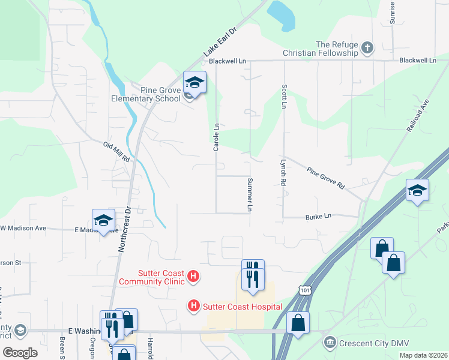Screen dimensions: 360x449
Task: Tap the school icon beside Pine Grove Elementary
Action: coord(194,82)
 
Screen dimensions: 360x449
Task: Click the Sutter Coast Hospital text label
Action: coord(242,307)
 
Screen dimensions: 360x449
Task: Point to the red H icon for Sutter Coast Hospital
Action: coord(194,306)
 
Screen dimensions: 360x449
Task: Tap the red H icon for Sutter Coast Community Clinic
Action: coord(193,277)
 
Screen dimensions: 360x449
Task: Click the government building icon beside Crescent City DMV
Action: coord(330,343)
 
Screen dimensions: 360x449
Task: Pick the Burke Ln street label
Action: coord(318,216)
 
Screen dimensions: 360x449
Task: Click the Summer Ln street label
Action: coord(249,194)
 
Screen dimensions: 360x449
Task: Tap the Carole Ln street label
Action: coord(217,136)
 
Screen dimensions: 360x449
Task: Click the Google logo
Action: coord(20,353)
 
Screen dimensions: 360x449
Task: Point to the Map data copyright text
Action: coord(423,355)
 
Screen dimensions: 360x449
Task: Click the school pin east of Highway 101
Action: coord(417,191)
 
